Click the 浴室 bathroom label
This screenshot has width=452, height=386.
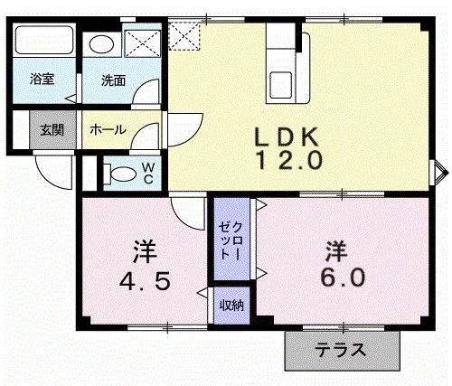42,79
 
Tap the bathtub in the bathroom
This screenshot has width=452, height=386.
44,40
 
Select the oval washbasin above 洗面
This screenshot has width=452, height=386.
102,44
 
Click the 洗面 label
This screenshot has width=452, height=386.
113,80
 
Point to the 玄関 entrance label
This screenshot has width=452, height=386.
52,130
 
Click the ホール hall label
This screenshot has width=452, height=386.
108,130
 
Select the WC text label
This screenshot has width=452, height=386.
148,174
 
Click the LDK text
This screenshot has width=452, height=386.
287,137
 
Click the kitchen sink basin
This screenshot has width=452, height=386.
280,85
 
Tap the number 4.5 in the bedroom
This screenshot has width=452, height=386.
145,281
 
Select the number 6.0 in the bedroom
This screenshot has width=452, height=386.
343,277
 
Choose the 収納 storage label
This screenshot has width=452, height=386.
231,306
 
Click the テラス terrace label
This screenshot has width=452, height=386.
341,350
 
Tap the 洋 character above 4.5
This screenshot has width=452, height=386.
145,251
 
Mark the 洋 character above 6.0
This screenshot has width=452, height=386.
335,250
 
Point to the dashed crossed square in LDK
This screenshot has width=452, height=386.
184,36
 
